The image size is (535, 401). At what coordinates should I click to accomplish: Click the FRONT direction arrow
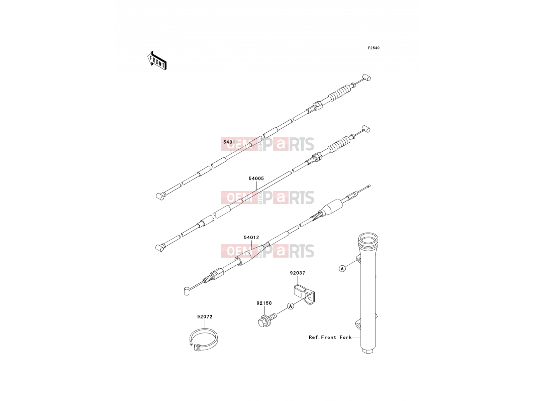tap(157, 61)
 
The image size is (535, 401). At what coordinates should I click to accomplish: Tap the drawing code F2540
tap(373, 48)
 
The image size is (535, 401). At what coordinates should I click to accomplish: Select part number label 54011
tap(230, 142)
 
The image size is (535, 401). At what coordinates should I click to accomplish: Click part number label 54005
tap(256, 178)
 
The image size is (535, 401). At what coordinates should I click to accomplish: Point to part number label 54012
tap(251, 237)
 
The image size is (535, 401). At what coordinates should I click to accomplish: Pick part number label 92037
tap(297, 273)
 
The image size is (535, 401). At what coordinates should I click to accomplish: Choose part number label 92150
tap(264, 303)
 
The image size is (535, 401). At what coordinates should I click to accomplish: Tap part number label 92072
tap(205, 317)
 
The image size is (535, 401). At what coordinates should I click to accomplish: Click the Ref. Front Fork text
tap(330, 337)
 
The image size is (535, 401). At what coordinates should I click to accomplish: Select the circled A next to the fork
tap(342, 269)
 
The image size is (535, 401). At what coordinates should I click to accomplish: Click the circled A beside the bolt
tap(290, 306)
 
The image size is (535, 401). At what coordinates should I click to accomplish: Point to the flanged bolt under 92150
tap(267, 320)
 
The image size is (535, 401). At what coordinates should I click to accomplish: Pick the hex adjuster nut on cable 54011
tap(318, 105)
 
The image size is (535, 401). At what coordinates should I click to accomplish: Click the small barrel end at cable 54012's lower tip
tap(187, 291)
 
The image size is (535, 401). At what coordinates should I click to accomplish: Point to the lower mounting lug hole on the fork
tap(358, 324)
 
